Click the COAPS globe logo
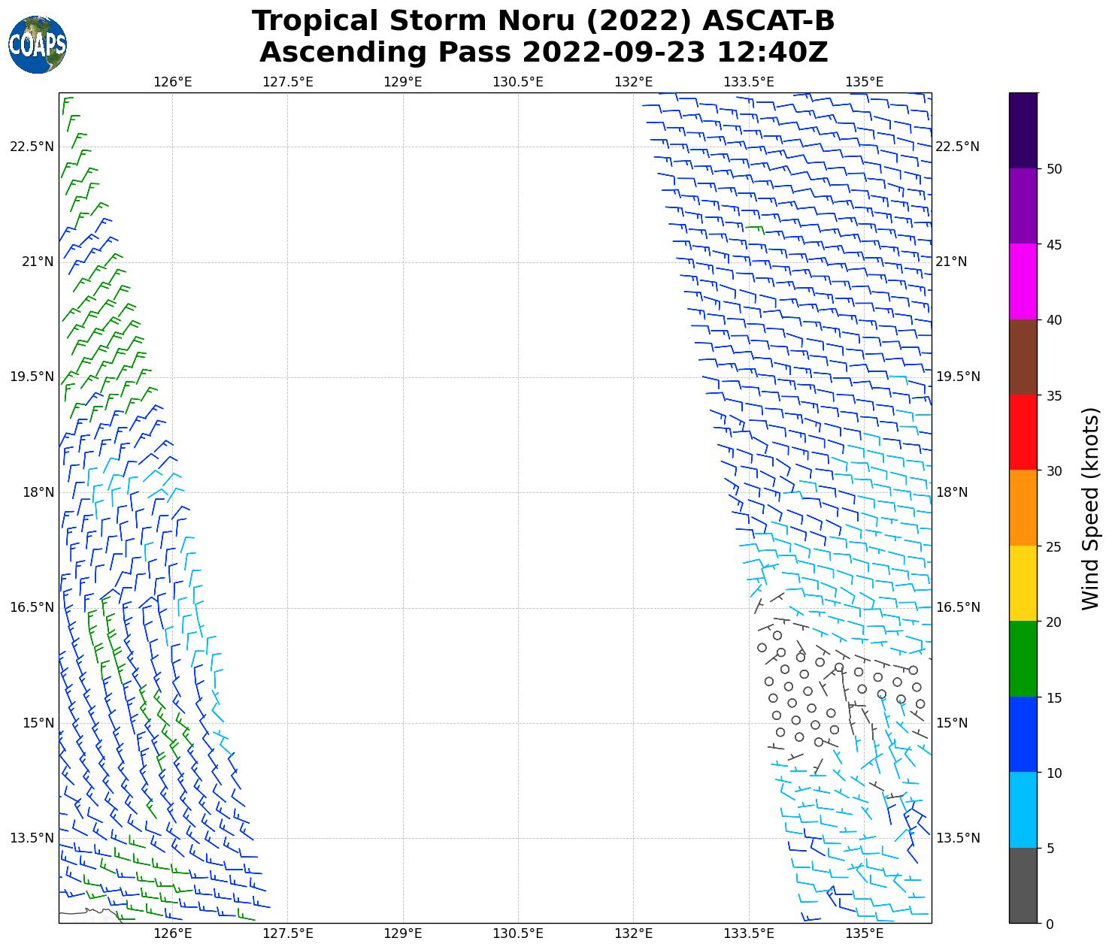click(38, 45)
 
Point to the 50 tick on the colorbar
click(1054, 169)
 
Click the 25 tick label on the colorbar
click(1054, 546)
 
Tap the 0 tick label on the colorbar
click(1050, 924)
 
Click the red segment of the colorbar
click(1023, 432)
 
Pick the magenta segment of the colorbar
click(1023, 281)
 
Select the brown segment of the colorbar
click(1023, 357)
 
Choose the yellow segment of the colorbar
click(1023, 583)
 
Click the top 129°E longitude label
click(403, 82)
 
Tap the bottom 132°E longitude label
click(633, 933)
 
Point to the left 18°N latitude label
click(32, 492)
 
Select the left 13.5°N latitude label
click(32, 838)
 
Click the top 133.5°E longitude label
click(748, 82)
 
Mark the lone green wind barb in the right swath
click(755, 228)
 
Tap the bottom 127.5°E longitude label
click(288, 933)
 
